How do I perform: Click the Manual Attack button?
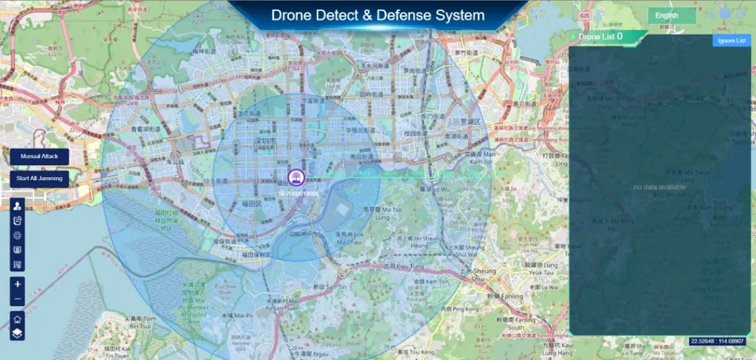point(39,157)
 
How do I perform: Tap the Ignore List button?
point(731,40)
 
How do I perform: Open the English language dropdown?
point(672,15)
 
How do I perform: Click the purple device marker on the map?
point(295,177)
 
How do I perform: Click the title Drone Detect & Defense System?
point(377,15)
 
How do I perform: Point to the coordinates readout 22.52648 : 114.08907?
point(718,341)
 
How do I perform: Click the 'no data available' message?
point(660,187)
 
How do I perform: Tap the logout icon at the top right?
point(741,13)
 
